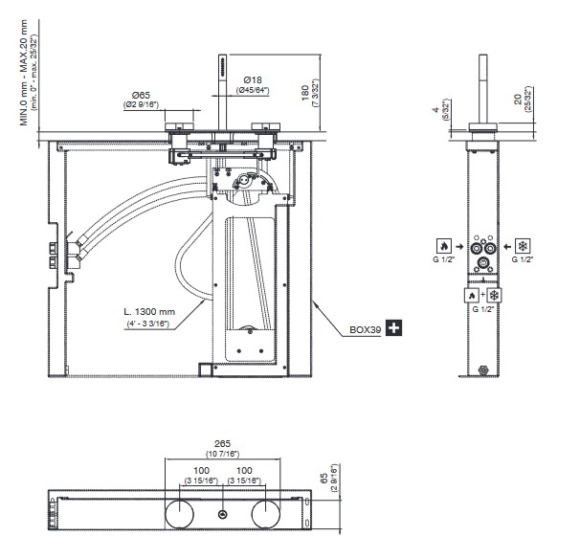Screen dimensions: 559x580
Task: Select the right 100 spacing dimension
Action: point(244,470)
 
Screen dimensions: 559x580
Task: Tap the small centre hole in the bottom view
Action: point(222,515)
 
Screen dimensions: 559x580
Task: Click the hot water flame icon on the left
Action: point(444,245)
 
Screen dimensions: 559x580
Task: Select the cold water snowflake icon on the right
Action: point(523,245)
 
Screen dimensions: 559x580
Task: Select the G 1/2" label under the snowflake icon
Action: point(523,260)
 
